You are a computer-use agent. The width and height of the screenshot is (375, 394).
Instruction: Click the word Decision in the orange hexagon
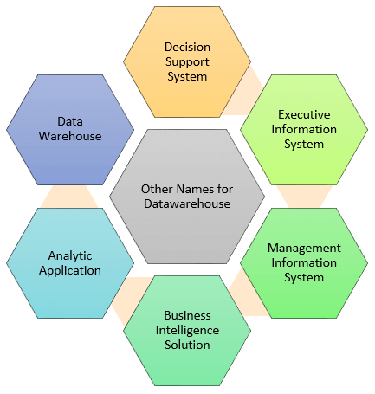pyautogui.click(x=187, y=47)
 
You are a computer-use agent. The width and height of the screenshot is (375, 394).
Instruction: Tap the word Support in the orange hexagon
pyautogui.click(x=187, y=62)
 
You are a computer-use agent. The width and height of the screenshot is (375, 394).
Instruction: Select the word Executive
pyautogui.click(x=304, y=114)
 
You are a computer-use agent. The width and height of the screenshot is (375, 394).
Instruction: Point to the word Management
pyautogui.click(x=304, y=249)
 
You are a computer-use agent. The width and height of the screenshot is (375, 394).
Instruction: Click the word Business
pyautogui.click(x=187, y=315)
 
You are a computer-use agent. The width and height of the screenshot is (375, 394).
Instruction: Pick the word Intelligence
pyautogui.click(x=187, y=331)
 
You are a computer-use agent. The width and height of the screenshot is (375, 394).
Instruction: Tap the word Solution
pyautogui.click(x=187, y=345)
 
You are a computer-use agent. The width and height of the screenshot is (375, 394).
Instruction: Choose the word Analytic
pyautogui.click(x=70, y=256)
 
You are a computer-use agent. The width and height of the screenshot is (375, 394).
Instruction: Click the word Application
pyautogui.click(x=70, y=271)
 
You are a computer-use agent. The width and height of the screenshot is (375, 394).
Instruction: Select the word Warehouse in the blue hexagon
pyautogui.click(x=70, y=136)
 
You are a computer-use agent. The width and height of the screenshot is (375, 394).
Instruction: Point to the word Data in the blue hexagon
pyautogui.click(x=70, y=121)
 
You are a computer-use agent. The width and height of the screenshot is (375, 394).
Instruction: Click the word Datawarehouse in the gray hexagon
pyautogui.click(x=187, y=203)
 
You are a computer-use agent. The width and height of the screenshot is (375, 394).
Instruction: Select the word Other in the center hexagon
pyautogui.click(x=158, y=189)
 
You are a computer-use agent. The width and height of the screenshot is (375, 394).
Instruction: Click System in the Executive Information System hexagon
pyautogui.click(x=304, y=145)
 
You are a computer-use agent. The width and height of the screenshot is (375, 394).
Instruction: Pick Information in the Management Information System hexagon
pyautogui.click(x=304, y=262)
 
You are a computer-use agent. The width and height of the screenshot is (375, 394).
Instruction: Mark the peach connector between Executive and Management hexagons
pyautogui.click(x=304, y=197)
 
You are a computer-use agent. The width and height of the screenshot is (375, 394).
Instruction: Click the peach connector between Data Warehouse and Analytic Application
pyautogui.click(x=69, y=197)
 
